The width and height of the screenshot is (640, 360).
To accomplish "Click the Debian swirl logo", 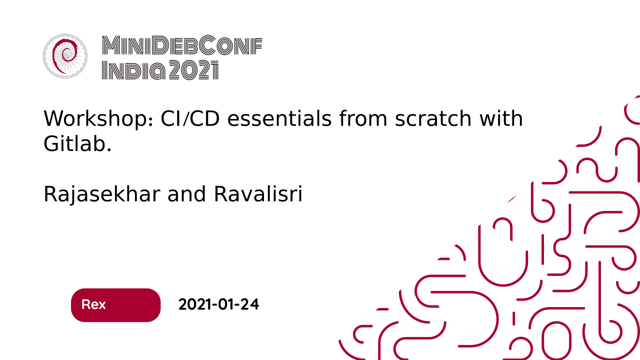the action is tap(65, 56).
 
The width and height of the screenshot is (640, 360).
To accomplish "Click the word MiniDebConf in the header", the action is tap(182, 45).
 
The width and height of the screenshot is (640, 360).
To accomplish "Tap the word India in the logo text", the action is tap(133, 70).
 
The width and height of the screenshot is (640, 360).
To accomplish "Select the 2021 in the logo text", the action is tap(193, 70).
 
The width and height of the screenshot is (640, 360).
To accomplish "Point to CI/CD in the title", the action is tap(190, 118).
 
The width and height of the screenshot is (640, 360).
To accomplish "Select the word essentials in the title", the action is tap(279, 118).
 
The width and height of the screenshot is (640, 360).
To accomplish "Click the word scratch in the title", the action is tap(433, 118).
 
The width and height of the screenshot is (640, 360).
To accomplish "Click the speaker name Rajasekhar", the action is tap(101, 195).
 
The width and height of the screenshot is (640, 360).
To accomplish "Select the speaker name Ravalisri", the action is tap(258, 194).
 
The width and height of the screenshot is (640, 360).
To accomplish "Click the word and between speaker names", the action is tap(186, 194).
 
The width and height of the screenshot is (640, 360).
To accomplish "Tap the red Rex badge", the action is tap(115, 305).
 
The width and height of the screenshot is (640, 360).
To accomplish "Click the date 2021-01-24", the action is tap(218, 304).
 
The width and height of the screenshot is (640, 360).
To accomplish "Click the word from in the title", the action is tap(363, 118).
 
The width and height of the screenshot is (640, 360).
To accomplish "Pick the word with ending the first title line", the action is tap(501, 118).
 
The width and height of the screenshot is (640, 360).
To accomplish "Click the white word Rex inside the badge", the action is tap(93, 304).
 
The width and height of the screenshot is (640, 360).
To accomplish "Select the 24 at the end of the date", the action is tap(249, 304).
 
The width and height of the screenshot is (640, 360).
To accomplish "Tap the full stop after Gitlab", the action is tap(109, 149).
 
